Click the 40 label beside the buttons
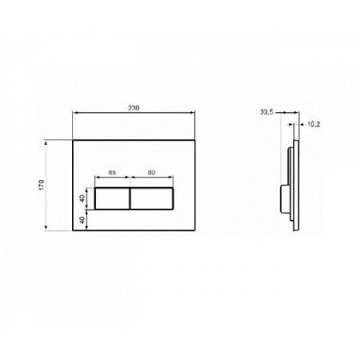click(x=82, y=198)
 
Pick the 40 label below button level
click(x=82, y=218)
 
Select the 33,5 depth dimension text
click(x=267, y=112)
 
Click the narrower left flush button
click(x=112, y=198)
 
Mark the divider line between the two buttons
click(x=130, y=198)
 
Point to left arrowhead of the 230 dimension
click(x=74, y=112)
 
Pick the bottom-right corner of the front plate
click(x=193, y=230)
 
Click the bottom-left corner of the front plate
click(x=73, y=230)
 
